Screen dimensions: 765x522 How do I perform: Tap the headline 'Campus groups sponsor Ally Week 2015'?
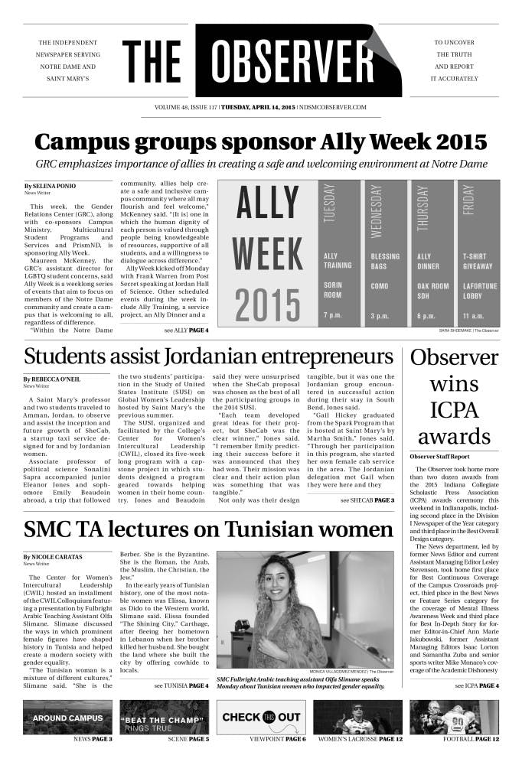(x=260, y=142)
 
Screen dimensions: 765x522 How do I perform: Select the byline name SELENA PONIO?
(x=54, y=186)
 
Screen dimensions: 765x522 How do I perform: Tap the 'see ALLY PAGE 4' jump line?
(x=185, y=330)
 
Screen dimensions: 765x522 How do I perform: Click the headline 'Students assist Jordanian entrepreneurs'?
(x=208, y=356)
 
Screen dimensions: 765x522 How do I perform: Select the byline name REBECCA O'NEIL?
(x=58, y=379)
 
